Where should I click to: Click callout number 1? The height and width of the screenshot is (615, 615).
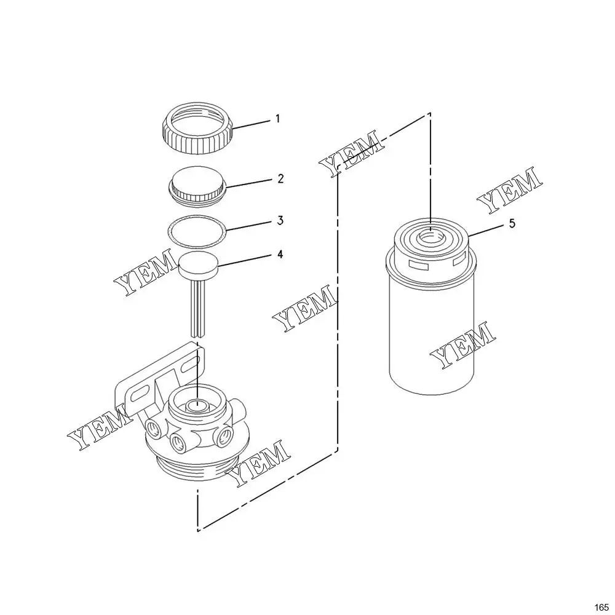click(x=278, y=119)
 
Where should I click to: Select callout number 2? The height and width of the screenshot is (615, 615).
click(x=280, y=179)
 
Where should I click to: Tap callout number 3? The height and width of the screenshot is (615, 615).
click(x=280, y=220)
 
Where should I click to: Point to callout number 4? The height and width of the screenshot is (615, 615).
click(x=280, y=255)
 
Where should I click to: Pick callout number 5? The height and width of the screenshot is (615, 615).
click(x=512, y=224)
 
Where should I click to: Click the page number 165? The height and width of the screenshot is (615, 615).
click(x=601, y=607)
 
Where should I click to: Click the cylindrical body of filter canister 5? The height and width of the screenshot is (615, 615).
click(x=432, y=337)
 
